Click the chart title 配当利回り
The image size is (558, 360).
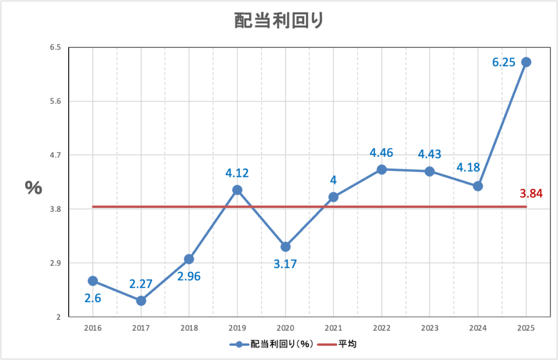pyautogui.click(x=279, y=21)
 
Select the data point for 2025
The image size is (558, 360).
pyautogui.click(x=526, y=62)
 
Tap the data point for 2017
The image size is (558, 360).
pyautogui.click(x=141, y=301)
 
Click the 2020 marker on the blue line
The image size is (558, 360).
pyautogui.click(x=285, y=247)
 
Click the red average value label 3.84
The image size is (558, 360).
pyautogui.click(x=531, y=193)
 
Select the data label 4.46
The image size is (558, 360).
pyautogui.click(x=381, y=152)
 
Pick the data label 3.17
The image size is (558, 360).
pyautogui.click(x=286, y=265)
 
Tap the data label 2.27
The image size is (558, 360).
pyautogui.click(x=141, y=283)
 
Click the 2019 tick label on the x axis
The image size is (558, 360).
pyautogui.click(x=237, y=328)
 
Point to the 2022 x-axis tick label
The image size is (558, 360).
pyautogui.click(x=381, y=328)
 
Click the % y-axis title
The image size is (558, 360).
pyautogui.click(x=33, y=187)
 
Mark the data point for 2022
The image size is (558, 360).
pyautogui.click(x=381, y=169)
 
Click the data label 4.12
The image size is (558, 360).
pyautogui.click(x=237, y=174)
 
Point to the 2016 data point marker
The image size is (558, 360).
pyautogui.click(x=93, y=281)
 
